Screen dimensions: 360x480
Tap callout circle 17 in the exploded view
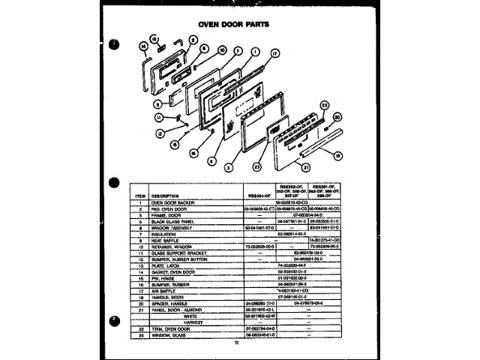(x=275, y=54)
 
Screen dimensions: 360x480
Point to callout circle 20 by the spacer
(x=336, y=117)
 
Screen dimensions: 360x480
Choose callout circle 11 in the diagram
(x=158, y=117)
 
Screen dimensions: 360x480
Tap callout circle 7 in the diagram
(x=237, y=52)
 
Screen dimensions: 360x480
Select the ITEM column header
(x=140, y=195)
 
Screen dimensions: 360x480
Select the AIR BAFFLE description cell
(x=166, y=290)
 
